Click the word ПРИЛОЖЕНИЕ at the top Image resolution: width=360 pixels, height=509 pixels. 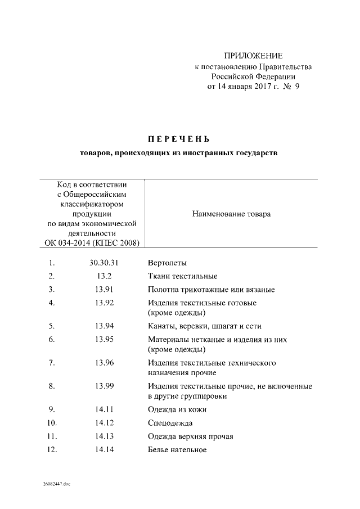(254, 56)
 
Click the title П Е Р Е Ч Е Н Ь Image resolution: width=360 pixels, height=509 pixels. (178, 138)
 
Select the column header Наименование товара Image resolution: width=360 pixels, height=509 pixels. (231, 214)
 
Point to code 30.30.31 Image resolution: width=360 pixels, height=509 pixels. (105, 263)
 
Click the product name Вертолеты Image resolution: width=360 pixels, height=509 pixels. (167, 263)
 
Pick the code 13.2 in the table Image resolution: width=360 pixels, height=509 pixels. (105, 276)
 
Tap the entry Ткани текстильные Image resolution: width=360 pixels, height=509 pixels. (182, 276)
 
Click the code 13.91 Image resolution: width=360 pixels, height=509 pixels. (105, 289)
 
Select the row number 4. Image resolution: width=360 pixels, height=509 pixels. (52, 303)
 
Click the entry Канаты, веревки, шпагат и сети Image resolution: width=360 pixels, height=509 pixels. (205, 326)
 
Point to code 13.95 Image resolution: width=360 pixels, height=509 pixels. (105, 339)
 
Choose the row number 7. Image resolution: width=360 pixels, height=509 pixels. (52, 363)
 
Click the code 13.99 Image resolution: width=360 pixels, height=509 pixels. (105, 386)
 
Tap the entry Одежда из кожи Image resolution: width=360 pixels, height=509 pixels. (177, 409)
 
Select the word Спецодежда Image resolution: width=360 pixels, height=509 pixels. (170, 422)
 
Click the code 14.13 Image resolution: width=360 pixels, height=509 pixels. (105, 436)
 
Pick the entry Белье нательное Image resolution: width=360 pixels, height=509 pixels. (177, 449)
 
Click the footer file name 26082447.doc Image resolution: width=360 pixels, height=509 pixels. (56, 484)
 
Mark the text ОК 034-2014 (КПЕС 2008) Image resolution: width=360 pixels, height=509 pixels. (92, 243)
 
